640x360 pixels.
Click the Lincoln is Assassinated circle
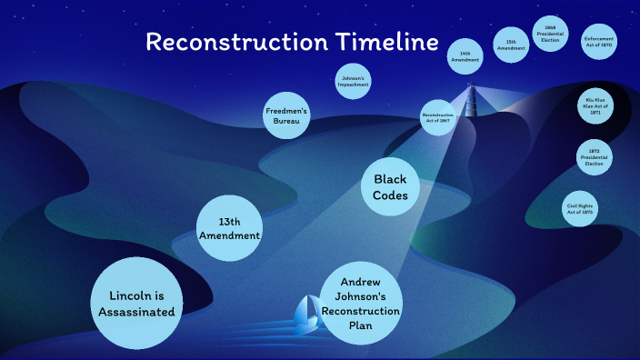[x=135, y=304]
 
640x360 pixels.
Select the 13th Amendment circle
[x=230, y=227]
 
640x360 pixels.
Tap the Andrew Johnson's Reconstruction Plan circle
[x=362, y=304]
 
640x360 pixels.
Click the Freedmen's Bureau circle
[x=286, y=115]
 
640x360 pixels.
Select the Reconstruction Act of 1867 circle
[x=437, y=117]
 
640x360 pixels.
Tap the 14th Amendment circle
[x=465, y=58]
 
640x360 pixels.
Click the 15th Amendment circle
[x=511, y=45]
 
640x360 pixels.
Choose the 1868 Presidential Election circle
[x=550, y=34]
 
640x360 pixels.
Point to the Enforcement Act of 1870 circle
[x=599, y=42]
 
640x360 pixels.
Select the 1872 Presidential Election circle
[x=595, y=157]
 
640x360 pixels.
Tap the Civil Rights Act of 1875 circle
[x=581, y=208]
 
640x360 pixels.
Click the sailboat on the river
[x=309, y=314]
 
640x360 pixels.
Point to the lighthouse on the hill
[x=471, y=100]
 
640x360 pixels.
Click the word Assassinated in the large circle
[x=135, y=313]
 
